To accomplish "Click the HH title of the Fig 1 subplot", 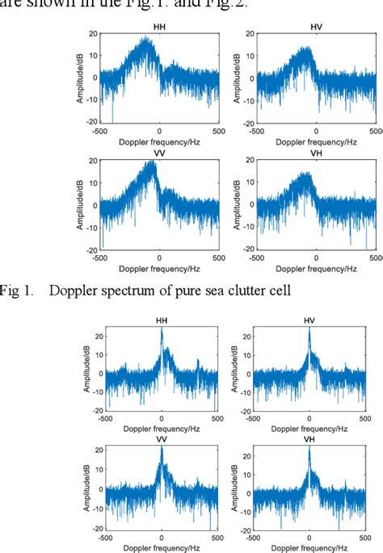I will coord(158,29).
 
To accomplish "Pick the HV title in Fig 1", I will coord(317,29).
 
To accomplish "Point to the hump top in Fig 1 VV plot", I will coord(150,164).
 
